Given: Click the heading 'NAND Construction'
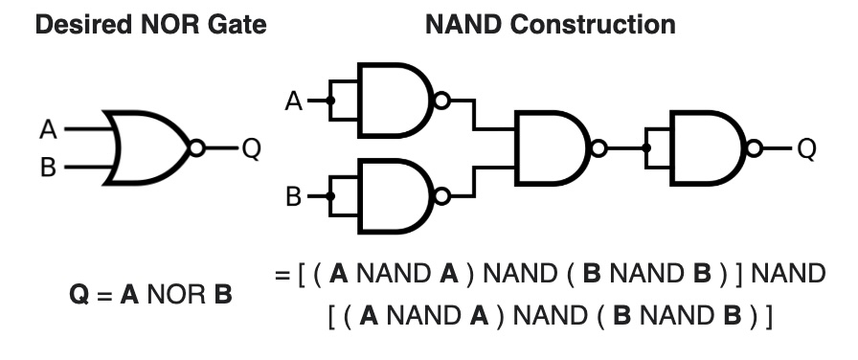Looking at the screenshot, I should (x=550, y=25).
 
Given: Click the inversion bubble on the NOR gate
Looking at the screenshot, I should (x=197, y=148).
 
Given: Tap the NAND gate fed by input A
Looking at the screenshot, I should (x=393, y=101).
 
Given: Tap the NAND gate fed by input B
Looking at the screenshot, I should (x=393, y=196).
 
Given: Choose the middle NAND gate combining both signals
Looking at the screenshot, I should (x=551, y=148).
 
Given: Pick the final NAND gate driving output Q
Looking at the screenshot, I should (x=709, y=148).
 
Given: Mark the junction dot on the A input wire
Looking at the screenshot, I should (x=330, y=101).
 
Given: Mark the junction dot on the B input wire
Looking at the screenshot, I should (x=330, y=196).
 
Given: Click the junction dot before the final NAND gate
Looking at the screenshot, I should (x=646, y=148).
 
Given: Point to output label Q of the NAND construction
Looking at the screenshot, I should (x=806, y=148).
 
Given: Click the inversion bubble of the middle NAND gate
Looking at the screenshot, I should (x=598, y=148).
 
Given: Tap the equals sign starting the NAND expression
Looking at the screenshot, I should (x=282, y=276).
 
